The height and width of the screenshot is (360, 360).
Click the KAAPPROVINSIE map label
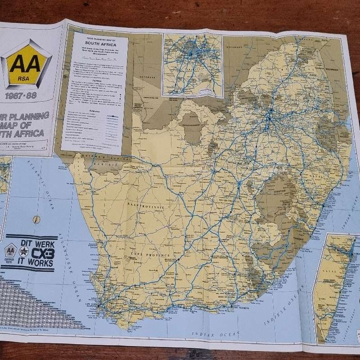pyautogui.click(x=144, y=205)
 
